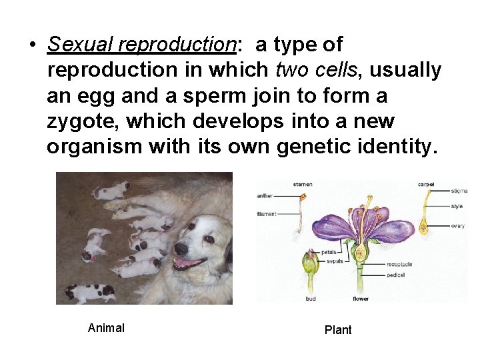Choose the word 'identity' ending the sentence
point(399,147)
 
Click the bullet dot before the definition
point(31,45)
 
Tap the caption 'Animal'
point(106,327)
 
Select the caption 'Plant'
point(337,329)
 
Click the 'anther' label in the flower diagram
point(265,196)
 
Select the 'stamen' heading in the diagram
point(302,184)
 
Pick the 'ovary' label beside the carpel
point(458,226)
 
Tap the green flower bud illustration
point(310,267)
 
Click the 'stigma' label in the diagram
point(459,191)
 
